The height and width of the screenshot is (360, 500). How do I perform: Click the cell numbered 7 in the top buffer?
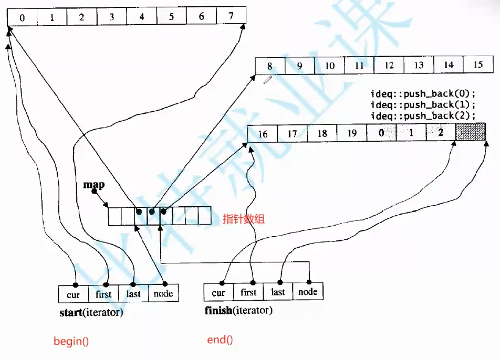pyautogui.click(x=232, y=16)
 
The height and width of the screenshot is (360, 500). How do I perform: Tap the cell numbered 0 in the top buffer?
pyautogui.click(x=22, y=17)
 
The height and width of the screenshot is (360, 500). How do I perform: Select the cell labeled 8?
pyautogui.click(x=270, y=66)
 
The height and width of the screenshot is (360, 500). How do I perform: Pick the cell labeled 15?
pyautogui.click(x=477, y=65)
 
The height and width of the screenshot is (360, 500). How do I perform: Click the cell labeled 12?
pyautogui.click(x=389, y=66)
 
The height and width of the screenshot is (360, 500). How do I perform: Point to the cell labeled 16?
pyautogui.click(x=263, y=134)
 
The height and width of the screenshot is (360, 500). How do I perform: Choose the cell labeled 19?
pyautogui.click(x=352, y=133)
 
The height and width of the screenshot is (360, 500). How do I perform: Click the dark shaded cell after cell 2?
pyautogui.click(x=470, y=133)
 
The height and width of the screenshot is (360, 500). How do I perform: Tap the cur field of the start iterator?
pyautogui.click(x=74, y=294)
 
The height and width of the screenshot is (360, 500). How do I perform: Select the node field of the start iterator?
pyautogui.click(x=163, y=293)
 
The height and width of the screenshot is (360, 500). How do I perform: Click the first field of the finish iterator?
pyautogui.click(x=248, y=292)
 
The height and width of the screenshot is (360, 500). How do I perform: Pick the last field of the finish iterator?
pyautogui.click(x=278, y=292)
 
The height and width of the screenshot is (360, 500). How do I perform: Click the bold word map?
pyautogui.click(x=94, y=185)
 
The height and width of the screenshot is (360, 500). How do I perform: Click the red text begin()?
pyautogui.click(x=71, y=341)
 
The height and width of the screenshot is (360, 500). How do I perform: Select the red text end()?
pyautogui.click(x=220, y=340)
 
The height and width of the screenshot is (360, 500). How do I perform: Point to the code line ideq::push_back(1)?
pyautogui.click(x=423, y=105)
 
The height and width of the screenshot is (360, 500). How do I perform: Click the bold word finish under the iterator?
pyautogui.click(x=218, y=310)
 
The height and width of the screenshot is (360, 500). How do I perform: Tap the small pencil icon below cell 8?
pyautogui.click(x=268, y=80)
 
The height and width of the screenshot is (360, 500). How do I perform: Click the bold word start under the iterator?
pyautogui.click(x=71, y=313)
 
